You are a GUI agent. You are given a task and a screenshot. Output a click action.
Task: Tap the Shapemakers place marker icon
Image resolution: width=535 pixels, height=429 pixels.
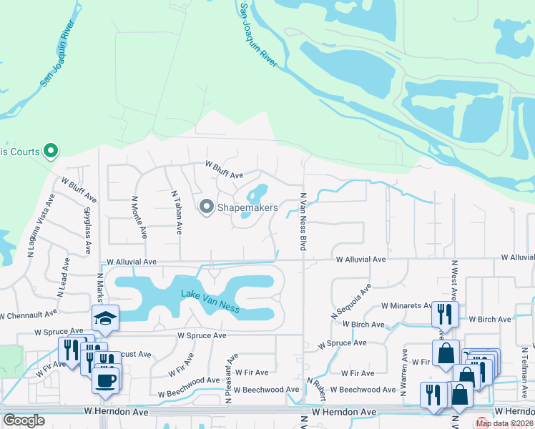[207, 207]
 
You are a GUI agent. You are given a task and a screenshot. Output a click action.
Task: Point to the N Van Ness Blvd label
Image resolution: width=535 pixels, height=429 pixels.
[303, 221]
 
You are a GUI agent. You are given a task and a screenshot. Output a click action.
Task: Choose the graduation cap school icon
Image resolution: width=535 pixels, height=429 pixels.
[105, 318]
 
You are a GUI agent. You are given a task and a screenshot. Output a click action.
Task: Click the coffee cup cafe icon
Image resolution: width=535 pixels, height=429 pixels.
[107, 379]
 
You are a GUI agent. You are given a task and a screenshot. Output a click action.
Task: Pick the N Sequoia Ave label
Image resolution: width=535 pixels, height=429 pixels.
[351, 302]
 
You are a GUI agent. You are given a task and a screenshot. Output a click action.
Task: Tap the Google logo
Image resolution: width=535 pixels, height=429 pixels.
[24, 420]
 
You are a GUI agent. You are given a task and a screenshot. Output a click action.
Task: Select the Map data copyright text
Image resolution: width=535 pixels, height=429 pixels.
[504, 423]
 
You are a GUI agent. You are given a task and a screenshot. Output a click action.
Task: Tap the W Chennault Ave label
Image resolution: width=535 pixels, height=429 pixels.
[28, 315]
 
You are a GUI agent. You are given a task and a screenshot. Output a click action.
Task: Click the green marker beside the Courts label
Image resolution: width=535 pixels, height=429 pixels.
[51, 151]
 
